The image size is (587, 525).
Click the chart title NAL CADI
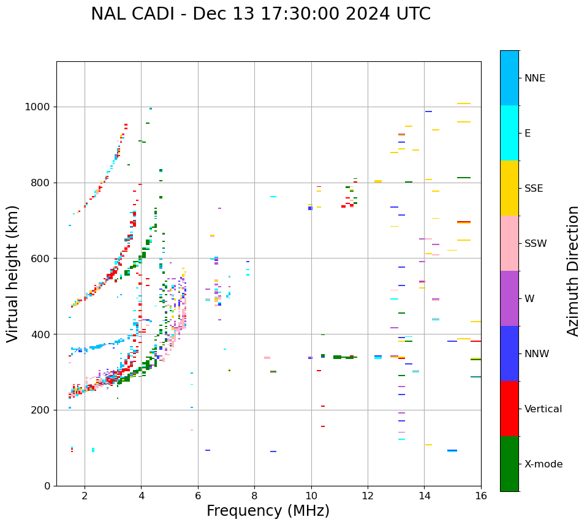pos(260,14)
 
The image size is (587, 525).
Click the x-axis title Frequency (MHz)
pos(268,511)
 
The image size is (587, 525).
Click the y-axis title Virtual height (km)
pos(13,273)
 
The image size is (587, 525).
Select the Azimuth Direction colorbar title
pos(573,270)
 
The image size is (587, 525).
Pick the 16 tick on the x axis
pos(481,495)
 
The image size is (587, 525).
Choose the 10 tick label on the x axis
pos(311,495)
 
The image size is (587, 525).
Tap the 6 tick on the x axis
pos(198,495)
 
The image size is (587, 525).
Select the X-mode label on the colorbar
pos(543,464)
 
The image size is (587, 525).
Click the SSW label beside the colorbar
pos(536,244)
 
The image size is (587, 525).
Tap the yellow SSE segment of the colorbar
pos(509,188)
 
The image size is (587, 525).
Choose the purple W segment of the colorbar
pos(509,298)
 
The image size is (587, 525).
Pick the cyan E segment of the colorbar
pos(509,133)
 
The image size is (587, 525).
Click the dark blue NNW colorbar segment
pos(509,353)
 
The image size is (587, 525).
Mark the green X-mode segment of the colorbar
pos(509,464)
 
